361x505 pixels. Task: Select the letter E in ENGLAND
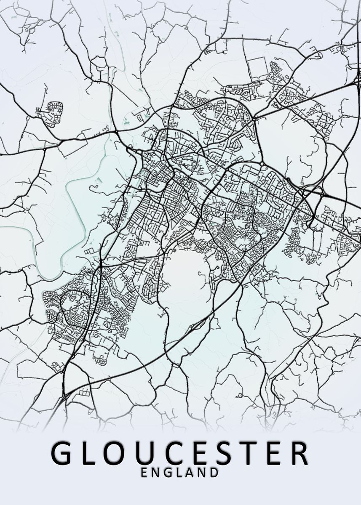coord(144,472)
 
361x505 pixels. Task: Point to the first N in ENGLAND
coord(156,472)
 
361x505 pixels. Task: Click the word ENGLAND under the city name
coord(180,472)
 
